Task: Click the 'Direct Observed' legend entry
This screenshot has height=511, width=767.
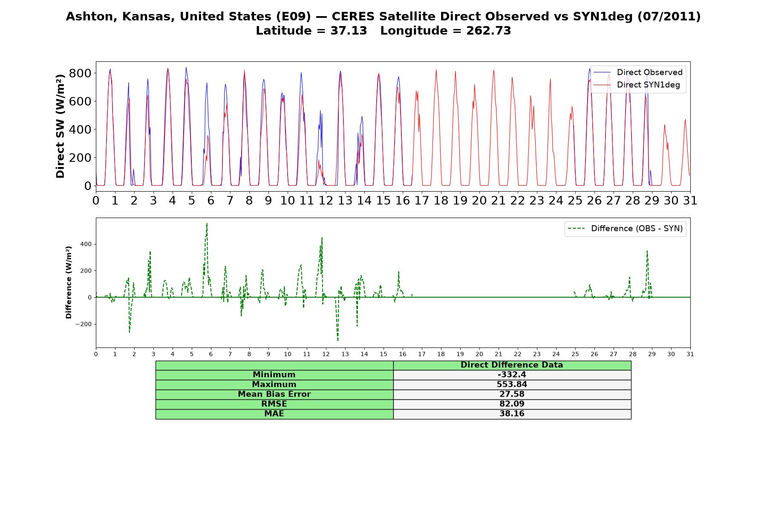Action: tap(638, 72)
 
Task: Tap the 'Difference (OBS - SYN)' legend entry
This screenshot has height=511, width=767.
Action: tap(625, 229)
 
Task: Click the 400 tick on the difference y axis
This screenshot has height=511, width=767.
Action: tap(85, 244)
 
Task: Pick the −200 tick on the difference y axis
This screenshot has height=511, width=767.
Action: tap(84, 324)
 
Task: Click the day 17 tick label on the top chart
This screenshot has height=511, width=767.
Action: tap(421, 201)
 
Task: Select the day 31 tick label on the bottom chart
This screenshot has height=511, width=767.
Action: tap(690, 354)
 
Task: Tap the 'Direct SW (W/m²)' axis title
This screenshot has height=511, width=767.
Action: tap(61, 126)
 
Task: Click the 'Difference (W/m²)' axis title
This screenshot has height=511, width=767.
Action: tap(69, 282)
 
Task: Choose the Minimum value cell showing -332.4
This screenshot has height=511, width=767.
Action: tap(512, 375)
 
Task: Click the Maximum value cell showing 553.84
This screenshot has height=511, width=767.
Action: tap(512, 385)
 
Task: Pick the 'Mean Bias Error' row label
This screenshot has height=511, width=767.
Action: tap(274, 394)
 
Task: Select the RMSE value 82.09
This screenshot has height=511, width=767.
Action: tap(512, 404)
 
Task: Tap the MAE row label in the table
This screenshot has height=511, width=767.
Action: tap(274, 414)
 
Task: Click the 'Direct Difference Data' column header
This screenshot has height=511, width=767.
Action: tap(512, 365)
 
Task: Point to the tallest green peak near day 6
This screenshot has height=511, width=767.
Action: tap(207, 223)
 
